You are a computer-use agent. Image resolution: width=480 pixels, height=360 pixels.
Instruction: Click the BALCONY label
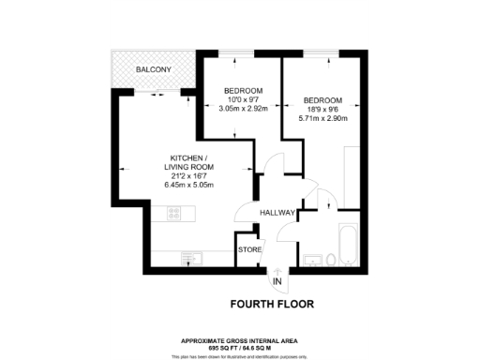point(152,70)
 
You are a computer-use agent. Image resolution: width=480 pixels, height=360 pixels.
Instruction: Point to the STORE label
point(248,250)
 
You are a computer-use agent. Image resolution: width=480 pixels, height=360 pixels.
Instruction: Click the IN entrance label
point(277,281)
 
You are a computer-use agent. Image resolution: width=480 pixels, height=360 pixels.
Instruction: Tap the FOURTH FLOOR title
point(272,304)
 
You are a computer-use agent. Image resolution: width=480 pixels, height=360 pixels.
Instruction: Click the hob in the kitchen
point(173,216)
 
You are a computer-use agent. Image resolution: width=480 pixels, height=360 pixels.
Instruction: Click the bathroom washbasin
point(330,258)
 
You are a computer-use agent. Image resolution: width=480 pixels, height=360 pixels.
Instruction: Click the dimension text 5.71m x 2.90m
point(322,119)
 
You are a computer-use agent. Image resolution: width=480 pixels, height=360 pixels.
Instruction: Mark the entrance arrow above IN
point(277,272)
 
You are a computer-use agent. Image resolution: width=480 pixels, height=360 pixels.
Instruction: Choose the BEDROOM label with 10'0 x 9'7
point(242,91)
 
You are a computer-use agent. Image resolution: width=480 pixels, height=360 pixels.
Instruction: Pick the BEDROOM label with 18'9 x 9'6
point(322,100)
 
